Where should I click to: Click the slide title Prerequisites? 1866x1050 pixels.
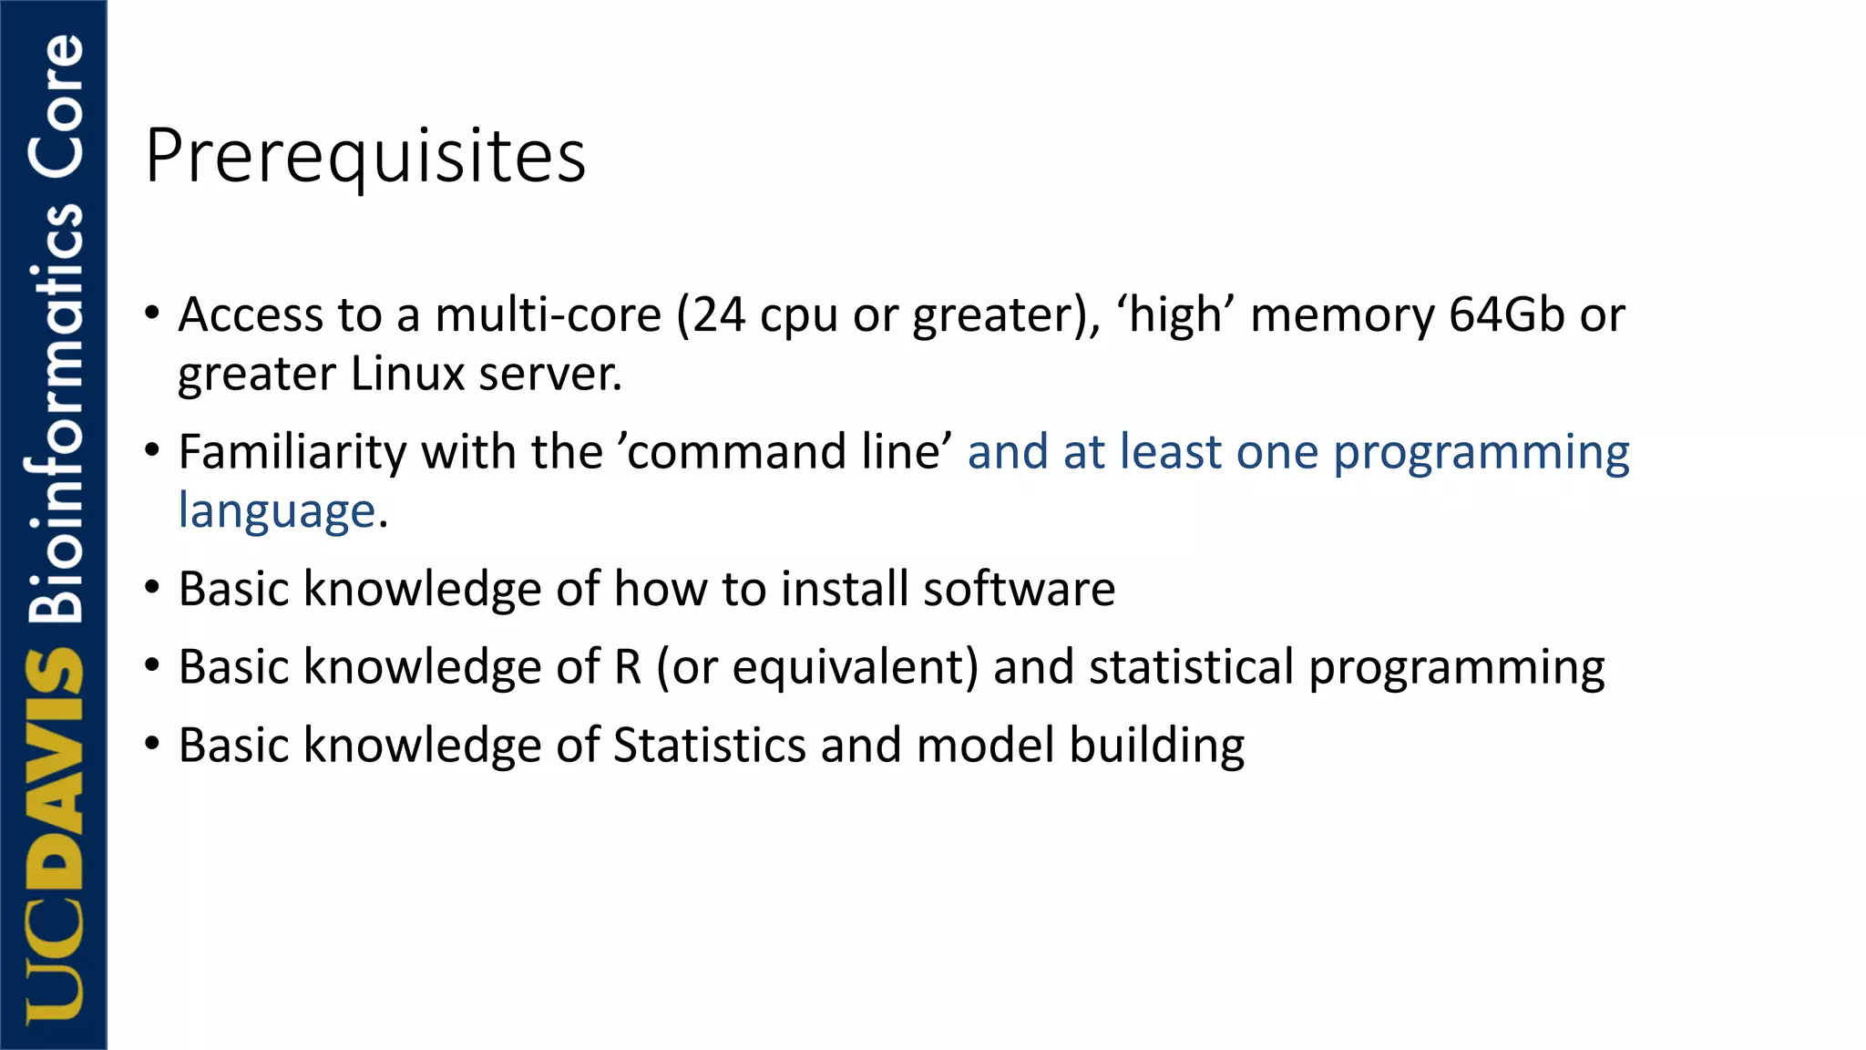(x=364, y=157)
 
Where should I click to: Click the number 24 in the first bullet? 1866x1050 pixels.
(x=718, y=315)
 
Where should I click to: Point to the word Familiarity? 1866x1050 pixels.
(x=292, y=452)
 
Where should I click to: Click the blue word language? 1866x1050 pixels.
(x=276, y=511)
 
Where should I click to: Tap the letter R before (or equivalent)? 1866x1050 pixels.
(x=627, y=667)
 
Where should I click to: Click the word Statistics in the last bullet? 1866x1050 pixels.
(x=709, y=746)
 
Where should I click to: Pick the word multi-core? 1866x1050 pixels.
(x=548, y=315)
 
